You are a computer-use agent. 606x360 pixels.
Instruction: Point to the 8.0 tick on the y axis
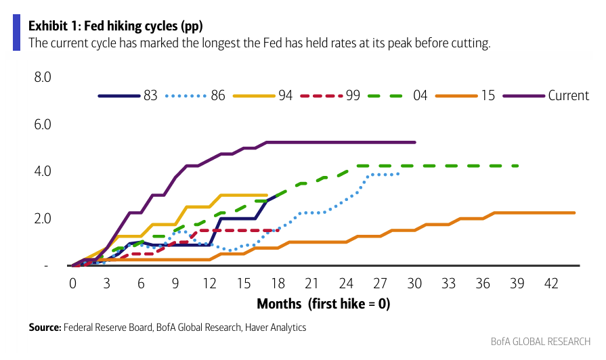[43, 77]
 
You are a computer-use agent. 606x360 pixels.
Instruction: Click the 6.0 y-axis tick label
[43, 125]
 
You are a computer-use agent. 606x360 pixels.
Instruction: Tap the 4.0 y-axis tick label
[43, 171]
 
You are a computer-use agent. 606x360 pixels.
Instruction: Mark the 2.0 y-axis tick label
[43, 219]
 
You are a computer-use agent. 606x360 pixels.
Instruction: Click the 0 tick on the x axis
[72, 283]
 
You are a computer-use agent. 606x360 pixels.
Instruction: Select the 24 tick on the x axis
[346, 283]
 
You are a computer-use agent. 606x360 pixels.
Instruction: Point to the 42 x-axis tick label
[551, 283]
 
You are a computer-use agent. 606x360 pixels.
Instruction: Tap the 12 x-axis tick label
[209, 283]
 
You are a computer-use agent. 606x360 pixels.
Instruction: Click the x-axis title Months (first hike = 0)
[323, 304]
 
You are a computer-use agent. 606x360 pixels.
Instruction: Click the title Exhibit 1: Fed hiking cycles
[116, 26]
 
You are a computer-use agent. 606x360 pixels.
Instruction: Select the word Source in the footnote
[45, 328]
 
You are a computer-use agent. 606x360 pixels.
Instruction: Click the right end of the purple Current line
[414, 142]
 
